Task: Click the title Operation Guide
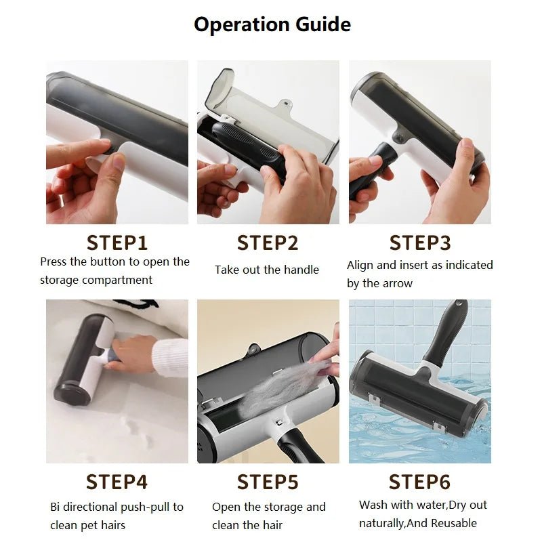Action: [x=272, y=25]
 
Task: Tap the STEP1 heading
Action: [x=117, y=243]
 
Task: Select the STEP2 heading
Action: [x=268, y=243]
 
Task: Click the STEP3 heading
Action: [x=419, y=243]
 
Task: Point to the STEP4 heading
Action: [x=117, y=482]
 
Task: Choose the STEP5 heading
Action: [x=268, y=482]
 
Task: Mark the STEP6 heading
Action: [x=419, y=482]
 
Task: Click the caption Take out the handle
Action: [x=267, y=270]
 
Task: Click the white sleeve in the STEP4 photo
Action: [x=169, y=356]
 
